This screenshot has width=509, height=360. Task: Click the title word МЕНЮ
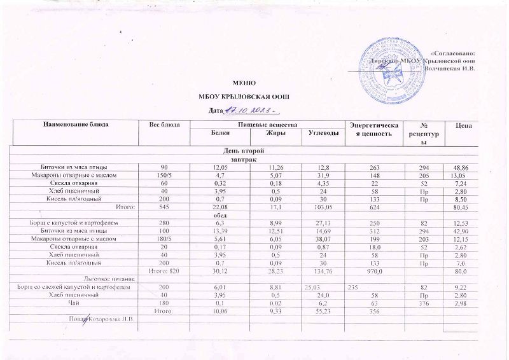coord(245,83)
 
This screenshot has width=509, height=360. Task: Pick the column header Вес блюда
coord(163,124)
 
